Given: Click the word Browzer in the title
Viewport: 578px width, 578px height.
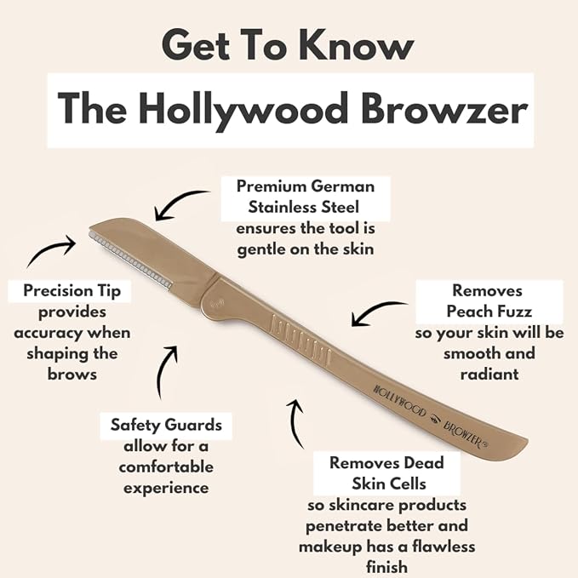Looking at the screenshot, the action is (x=444, y=110).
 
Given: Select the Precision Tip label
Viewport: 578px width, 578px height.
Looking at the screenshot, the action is (x=72, y=291).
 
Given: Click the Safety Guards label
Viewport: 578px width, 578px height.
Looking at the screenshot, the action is (x=166, y=425).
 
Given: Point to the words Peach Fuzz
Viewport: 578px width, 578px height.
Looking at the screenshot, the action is (x=489, y=312).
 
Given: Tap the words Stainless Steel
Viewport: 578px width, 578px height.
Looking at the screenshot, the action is (x=303, y=207).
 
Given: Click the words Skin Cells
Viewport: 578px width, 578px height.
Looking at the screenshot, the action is (x=389, y=484).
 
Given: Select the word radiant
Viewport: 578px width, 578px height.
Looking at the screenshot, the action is (x=489, y=375).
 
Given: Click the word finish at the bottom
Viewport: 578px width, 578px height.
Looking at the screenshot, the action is (x=386, y=567).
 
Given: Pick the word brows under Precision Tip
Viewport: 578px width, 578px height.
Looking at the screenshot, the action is (x=72, y=375).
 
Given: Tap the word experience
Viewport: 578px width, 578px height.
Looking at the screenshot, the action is (x=166, y=489).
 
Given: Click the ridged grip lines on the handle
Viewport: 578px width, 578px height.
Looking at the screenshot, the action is (x=300, y=336).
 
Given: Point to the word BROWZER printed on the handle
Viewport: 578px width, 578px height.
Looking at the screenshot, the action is (x=465, y=435).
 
